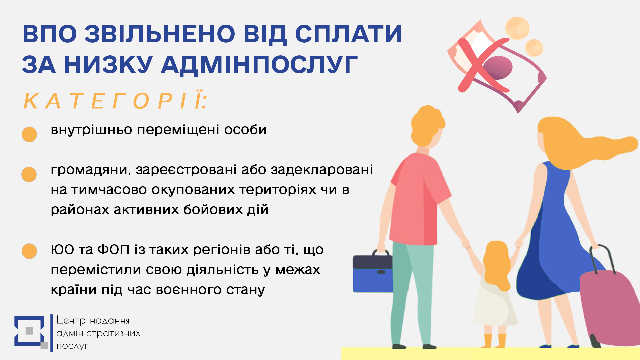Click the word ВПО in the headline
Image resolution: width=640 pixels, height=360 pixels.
click(x=50, y=34)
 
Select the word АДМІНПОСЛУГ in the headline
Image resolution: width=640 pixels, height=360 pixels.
click(x=259, y=64)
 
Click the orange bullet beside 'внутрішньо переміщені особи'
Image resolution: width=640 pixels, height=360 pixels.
click(x=29, y=134)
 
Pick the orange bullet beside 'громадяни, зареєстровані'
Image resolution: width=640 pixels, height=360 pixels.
click(x=29, y=174)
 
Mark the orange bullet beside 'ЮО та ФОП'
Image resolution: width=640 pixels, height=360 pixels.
click(x=29, y=251)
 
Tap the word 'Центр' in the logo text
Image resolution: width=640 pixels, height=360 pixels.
click(x=71, y=320)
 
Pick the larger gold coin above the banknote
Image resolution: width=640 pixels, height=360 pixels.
click(x=517, y=28)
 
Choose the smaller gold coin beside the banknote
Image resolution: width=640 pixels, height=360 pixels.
click(x=534, y=48)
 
